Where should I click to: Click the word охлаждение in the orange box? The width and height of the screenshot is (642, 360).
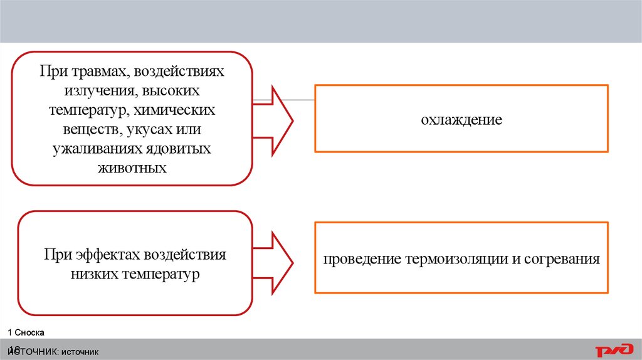tap(461, 119)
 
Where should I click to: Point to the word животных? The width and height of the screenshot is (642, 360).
tap(132, 169)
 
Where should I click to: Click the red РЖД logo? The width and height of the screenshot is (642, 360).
tap(614, 351)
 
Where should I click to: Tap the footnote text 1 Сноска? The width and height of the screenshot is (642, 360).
tap(26, 332)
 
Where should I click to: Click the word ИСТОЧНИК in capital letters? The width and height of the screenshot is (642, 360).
tap(33, 352)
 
